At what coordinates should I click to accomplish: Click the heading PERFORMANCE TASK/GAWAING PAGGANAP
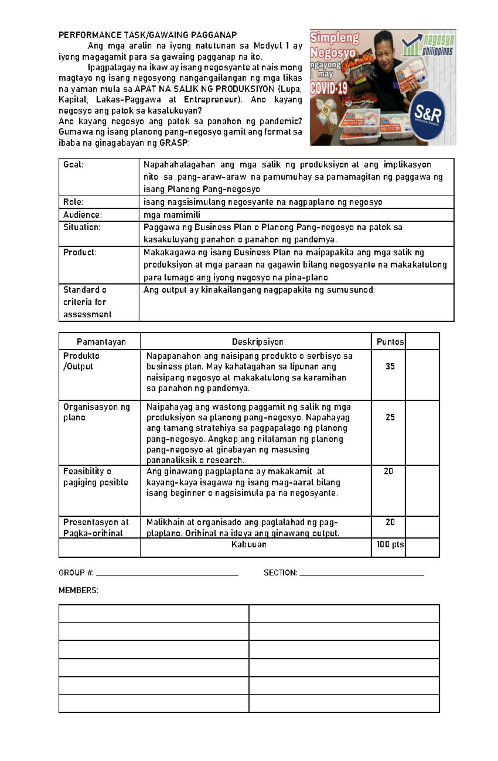point(147,35)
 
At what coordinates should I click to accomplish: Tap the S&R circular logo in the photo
point(428,115)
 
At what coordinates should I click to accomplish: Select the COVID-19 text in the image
point(329,88)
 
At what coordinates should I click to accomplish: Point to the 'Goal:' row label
point(73,165)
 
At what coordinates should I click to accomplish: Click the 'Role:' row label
point(73,202)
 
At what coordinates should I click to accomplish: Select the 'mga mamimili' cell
point(172,215)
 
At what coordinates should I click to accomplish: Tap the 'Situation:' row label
point(82,227)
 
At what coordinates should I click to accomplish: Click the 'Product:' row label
point(80,252)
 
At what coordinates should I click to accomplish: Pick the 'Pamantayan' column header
point(101,342)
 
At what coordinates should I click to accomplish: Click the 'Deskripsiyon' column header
point(257,342)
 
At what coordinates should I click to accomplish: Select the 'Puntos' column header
point(390,342)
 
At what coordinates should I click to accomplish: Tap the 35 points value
point(390,366)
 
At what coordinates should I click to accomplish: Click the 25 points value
point(390,417)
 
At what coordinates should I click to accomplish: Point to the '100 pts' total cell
point(390,545)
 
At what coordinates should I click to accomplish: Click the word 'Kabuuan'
point(249,545)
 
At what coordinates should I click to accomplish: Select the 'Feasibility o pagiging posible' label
point(95,477)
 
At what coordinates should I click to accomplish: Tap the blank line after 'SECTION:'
point(361,573)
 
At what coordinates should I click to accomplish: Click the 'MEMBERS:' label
point(78,590)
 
